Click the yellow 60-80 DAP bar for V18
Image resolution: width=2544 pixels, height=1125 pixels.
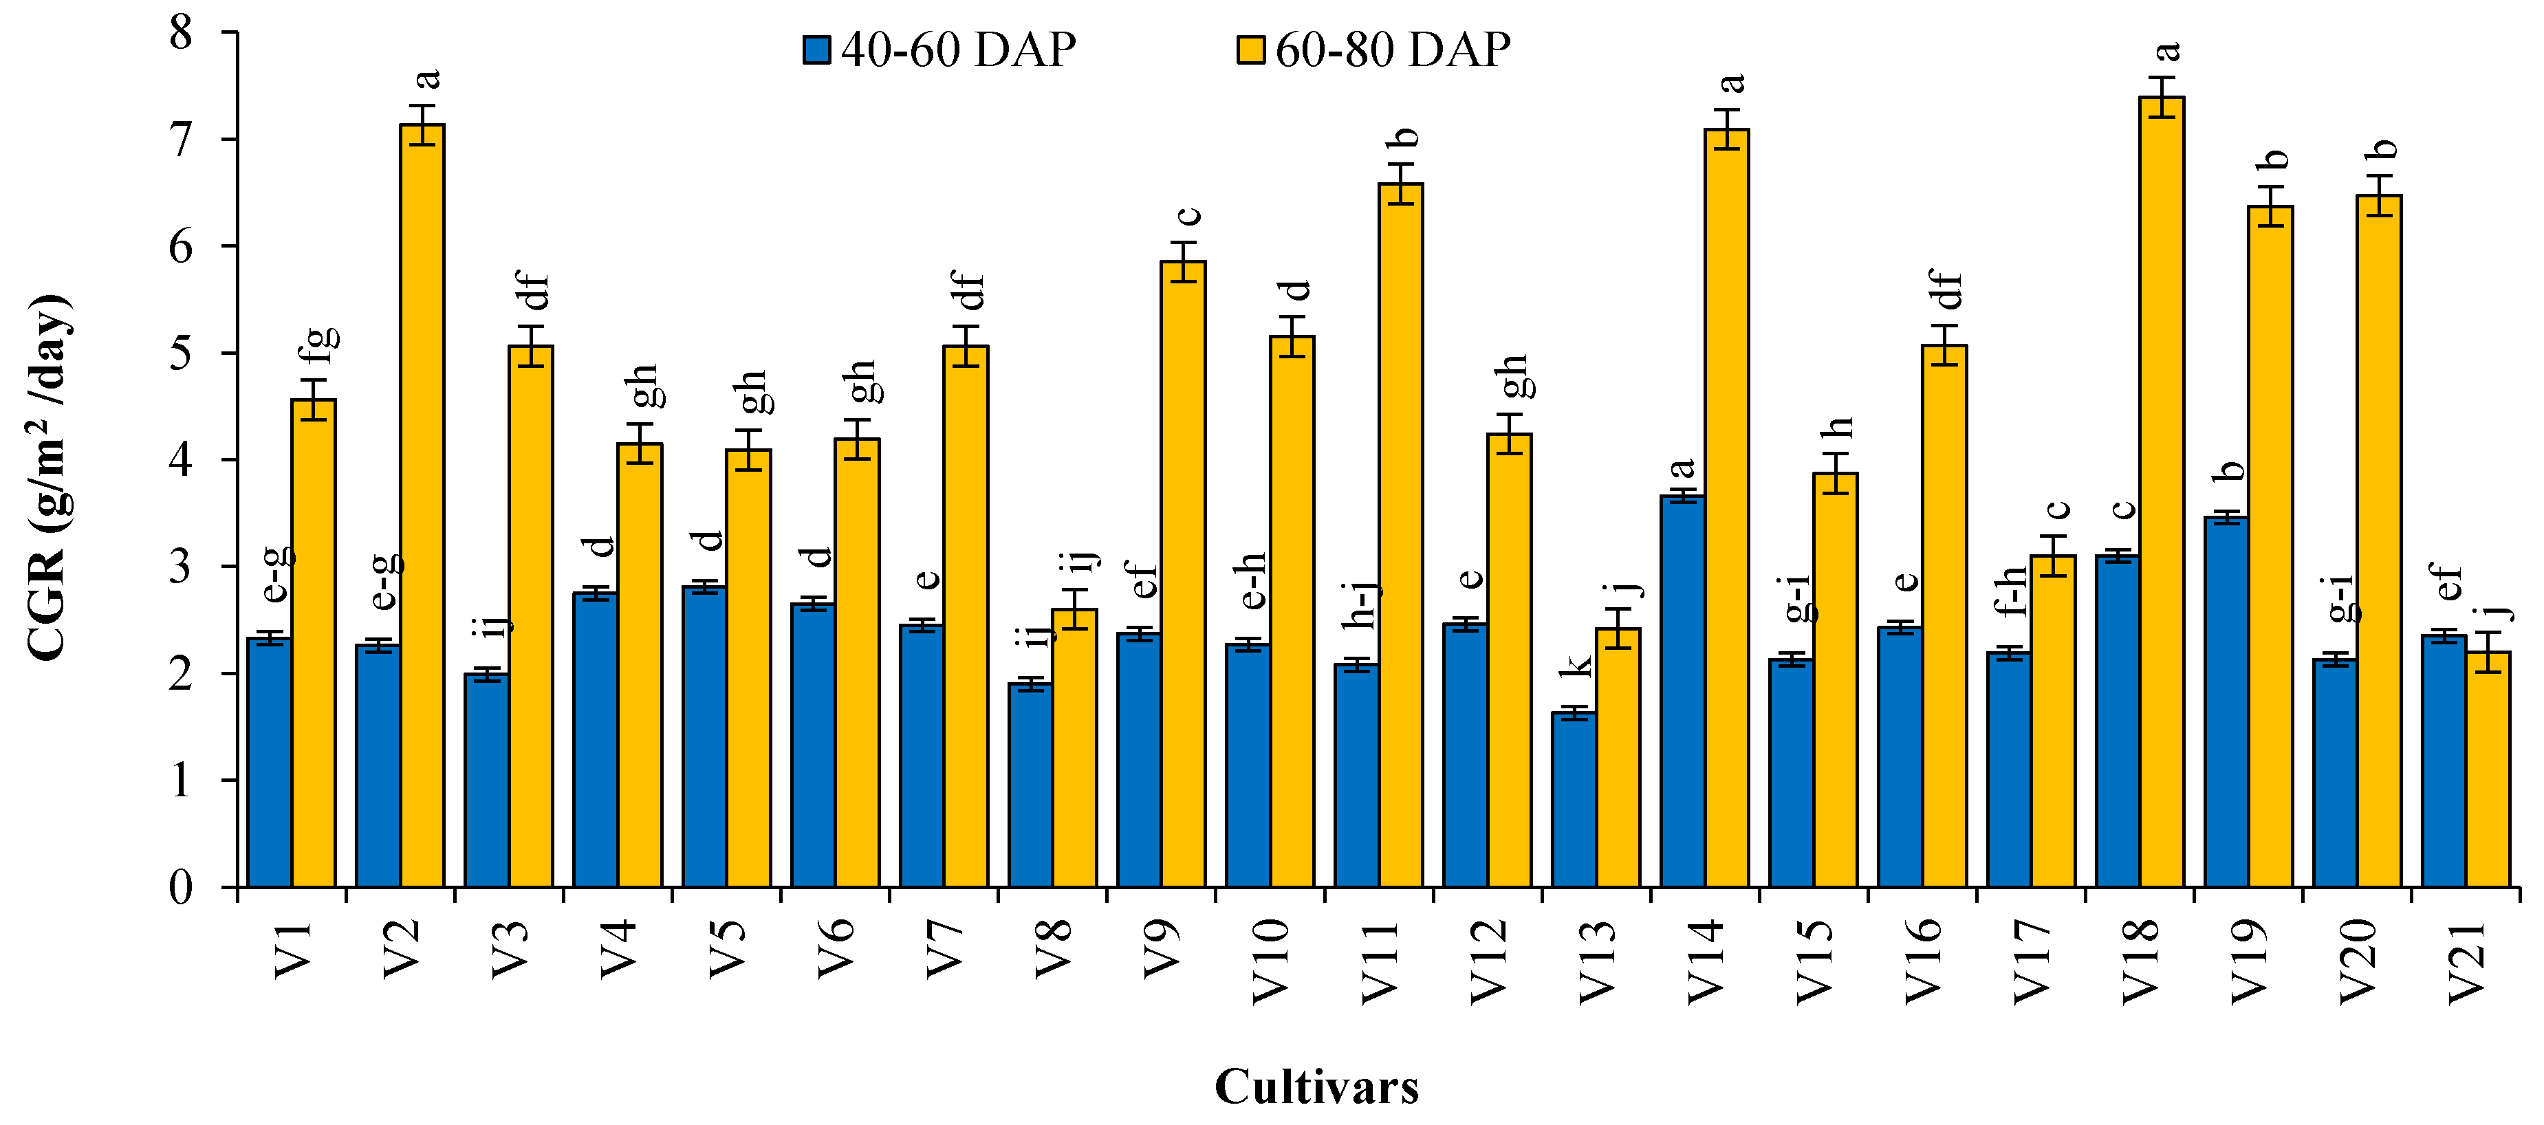pyautogui.click(x=2161, y=494)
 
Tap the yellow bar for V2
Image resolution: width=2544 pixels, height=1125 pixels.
pyautogui.click(x=422, y=504)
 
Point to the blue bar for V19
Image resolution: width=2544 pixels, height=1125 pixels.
pyautogui.click(x=2226, y=701)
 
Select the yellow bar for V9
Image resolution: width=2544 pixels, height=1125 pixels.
pyautogui.click(x=1182, y=573)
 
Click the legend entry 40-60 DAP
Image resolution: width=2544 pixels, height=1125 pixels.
pyautogui.click(x=939, y=50)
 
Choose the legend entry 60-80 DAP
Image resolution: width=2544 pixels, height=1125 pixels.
pyautogui.click(x=1373, y=50)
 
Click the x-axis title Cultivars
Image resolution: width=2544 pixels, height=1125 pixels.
pyautogui.click(x=1316, y=1086)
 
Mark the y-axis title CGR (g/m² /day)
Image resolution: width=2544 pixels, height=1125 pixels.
pyautogui.click(x=47, y=477)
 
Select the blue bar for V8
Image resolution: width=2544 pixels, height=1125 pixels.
pyautogui.click(x=1030, y=785)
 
